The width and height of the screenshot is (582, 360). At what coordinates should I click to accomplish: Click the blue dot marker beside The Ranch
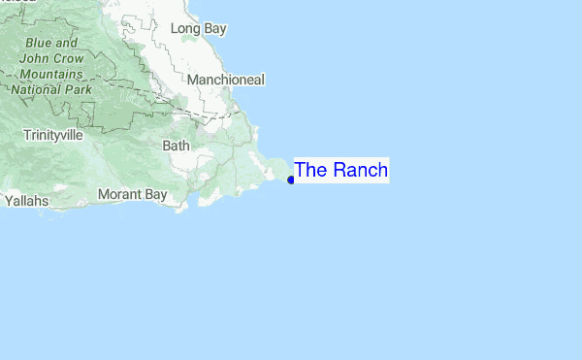[x=291, y=180]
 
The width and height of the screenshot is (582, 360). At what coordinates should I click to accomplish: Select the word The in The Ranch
[x=310, y=171]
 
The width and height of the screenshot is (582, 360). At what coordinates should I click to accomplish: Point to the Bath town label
[x=177, y=146]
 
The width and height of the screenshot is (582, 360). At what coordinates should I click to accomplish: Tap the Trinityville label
[x=52, y=135]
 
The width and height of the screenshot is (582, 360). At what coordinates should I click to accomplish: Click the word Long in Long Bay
[x=185, y=29]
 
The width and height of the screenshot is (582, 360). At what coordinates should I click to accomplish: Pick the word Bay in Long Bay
[x=214, y=29]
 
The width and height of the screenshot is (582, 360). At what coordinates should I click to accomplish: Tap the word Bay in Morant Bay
[x=156, y=195]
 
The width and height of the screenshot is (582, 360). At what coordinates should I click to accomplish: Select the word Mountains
[x=51, y=73]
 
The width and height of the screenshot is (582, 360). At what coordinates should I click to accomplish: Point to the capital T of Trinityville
[x=27, y=135]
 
